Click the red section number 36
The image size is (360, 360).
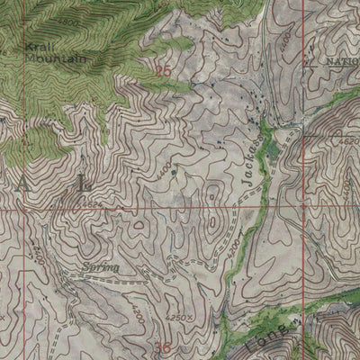click(x=163, y=346)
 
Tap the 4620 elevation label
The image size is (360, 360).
click(x=348, y=141)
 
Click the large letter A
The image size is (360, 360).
click(x=20, y=184)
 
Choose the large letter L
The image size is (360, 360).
click(x=85, y=184)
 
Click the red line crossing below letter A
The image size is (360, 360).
click(x=20, y=210)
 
